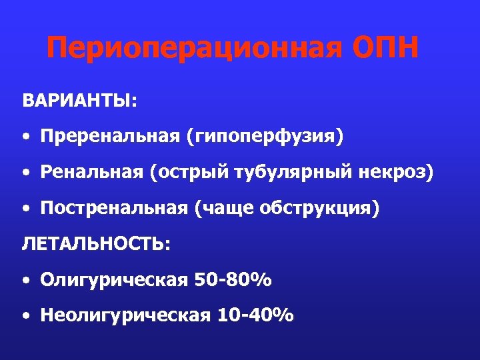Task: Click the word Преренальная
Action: click(x=110, y=137)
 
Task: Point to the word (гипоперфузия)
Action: click(x=265, y=137)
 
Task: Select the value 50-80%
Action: click(x=233, y=280)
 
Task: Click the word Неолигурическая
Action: click(x=124, y=315)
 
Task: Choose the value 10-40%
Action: click(x=256, y=315)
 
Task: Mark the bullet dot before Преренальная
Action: click(x=25, y=138)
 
